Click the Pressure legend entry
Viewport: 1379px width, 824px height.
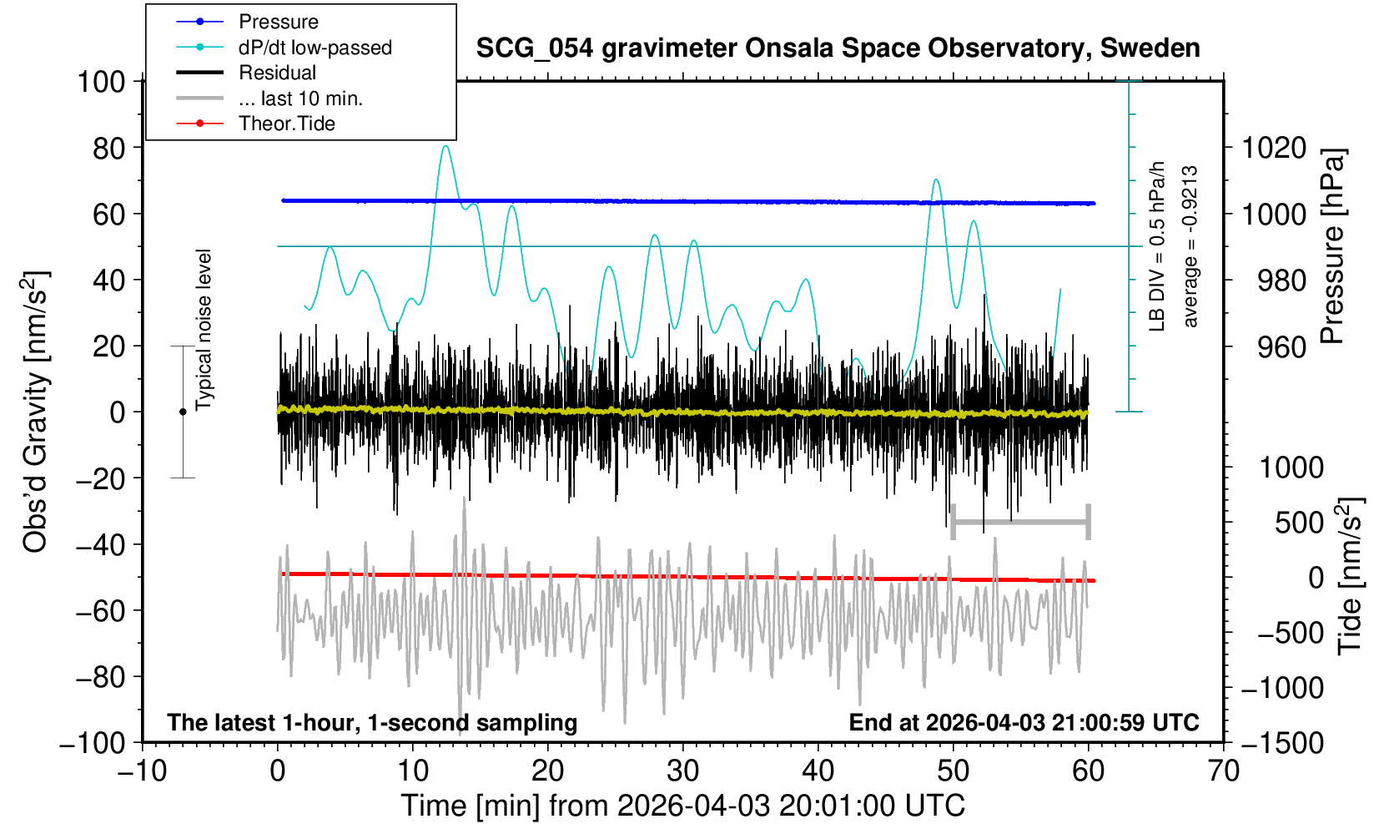point(278,22)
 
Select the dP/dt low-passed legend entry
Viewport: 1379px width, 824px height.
point(315,48)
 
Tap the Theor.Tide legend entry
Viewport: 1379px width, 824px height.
point(286,124)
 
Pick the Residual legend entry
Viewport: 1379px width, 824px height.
point(277,73)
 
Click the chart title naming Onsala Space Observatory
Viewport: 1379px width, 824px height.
point(838,48)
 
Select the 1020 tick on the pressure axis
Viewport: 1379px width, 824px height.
point(1274,148)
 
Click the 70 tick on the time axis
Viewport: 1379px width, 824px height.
point(1223,770)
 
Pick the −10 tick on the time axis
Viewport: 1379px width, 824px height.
point(142,770)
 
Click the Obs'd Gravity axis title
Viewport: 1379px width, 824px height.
point(36,411)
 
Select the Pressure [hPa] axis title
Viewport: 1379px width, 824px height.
point(1333,246)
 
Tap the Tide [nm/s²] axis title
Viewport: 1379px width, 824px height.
point(1350,576)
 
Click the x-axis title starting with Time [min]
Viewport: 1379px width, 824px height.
point(682,806)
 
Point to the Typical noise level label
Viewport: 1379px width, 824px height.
point(204,330)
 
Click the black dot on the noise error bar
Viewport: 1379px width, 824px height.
point(183,412)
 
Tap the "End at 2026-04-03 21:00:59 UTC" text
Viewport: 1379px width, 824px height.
point(1024,722)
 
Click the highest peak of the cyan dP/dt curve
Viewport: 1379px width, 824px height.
point(445,147)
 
